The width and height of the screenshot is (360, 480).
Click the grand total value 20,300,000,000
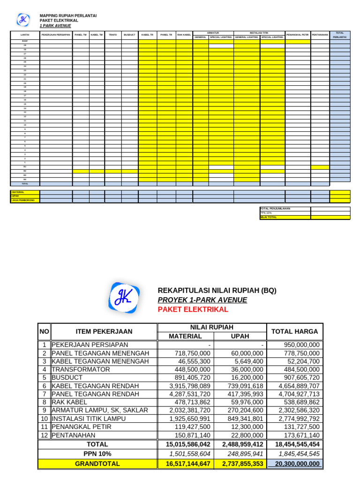coord(298,464)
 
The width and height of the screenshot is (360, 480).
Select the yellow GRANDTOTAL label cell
coord(97,464)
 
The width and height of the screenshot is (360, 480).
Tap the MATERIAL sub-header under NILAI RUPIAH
coord(185,336)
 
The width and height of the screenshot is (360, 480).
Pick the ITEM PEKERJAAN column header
coord(104,331)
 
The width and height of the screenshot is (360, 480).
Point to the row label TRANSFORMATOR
coord(81,369)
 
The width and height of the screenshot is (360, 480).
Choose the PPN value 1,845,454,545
coord(298,454)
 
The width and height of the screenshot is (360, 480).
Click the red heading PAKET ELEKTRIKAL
coord(193,309)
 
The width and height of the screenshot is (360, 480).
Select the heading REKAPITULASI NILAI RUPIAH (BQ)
coord(217,291)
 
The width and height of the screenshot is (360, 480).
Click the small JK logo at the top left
coord(23,20)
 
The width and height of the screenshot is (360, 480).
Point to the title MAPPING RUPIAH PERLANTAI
coord(68,16)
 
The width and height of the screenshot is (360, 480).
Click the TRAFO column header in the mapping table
coord(112,35)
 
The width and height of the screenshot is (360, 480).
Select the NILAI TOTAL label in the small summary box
coord(269,217)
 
